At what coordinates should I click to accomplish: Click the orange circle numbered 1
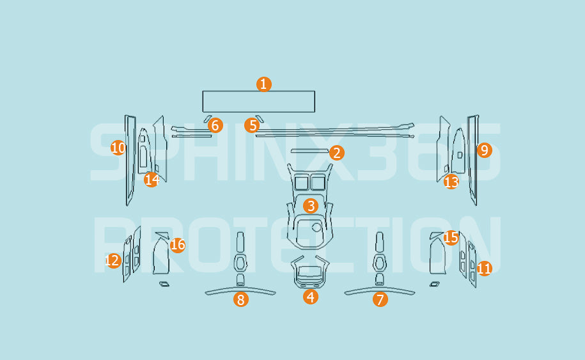[x=264, y=84]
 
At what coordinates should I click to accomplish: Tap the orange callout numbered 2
[x=336, y=153]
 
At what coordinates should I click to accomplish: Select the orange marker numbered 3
[x=311, y=206]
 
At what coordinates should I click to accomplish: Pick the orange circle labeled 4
[x=311, y=297]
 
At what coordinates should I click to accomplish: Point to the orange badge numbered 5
[x=252, y=125]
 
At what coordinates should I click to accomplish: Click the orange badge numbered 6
[x=215, y=125]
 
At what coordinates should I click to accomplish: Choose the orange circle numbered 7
[x=380, y=299]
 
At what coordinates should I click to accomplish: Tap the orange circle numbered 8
[x=241, y=299]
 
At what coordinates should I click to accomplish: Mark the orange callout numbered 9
[x=484, y=150]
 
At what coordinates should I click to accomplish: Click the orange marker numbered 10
[x=118, y=148]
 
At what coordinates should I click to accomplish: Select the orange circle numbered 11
[x=484, y=268]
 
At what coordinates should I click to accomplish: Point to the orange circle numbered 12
[x=113, y=260]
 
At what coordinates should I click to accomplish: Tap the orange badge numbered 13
[x=451, y=182]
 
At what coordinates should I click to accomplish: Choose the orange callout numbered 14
[x=152, y=180]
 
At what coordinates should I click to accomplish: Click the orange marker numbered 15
[x=451, y=237]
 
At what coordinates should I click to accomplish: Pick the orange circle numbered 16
[x=178, y=245]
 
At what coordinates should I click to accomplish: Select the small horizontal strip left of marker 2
[x=309, y=151]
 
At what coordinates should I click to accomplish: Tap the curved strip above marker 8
[x=240, y=290]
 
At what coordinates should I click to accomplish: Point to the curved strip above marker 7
[x=379, y=290]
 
